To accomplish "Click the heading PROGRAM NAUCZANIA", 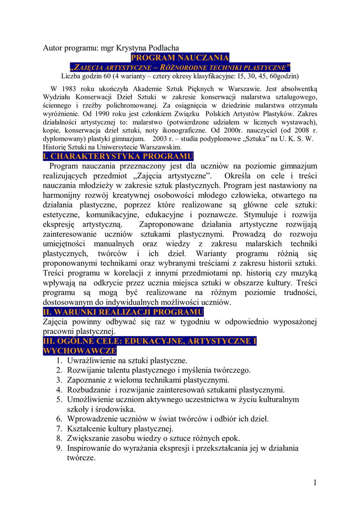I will point(180,58).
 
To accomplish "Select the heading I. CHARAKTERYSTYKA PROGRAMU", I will point(118,157).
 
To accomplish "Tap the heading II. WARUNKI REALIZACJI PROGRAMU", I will point(123,312).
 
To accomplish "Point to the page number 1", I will point(315,483).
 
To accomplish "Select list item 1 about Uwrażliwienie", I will point(127,360).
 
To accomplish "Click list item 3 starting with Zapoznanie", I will point(148,380).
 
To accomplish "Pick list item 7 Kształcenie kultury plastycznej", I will point(120,428).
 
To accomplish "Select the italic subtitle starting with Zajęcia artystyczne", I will point(180,67).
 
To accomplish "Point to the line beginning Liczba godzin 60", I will point(180,77).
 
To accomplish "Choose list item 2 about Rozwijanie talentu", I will point(159,370).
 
